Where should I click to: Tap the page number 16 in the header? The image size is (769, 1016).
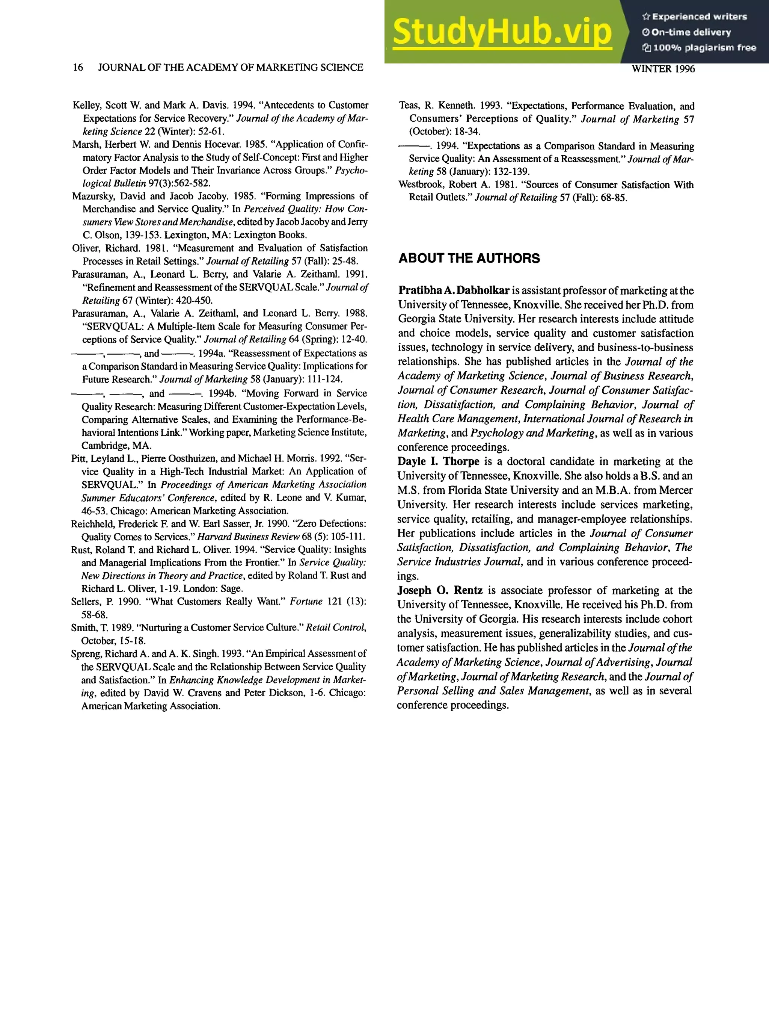[x=78, y=68]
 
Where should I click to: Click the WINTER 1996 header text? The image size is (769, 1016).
[x=663, y=69]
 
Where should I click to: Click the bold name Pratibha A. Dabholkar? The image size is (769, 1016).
[x=454, y=291]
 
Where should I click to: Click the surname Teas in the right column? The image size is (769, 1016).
[x=408, y=106]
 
